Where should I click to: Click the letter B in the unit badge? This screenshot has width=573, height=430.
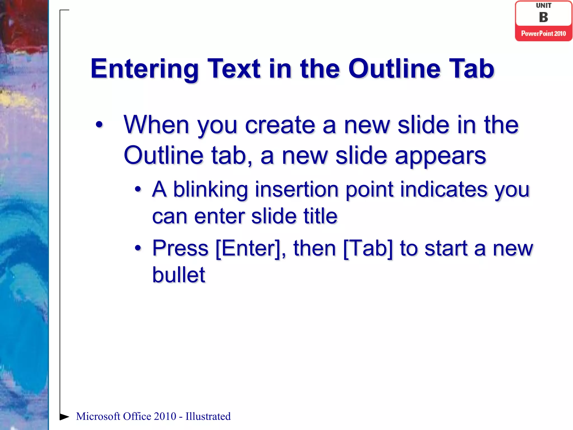pyautogui.click(x=543, y=17)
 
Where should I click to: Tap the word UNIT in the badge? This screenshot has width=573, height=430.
pyautogui.click(x=543, y=6)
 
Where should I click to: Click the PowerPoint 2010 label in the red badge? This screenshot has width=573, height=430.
pyautogui.click(x=543, y=34)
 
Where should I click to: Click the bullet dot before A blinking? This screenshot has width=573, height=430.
pyautogui.click(x=138, y=190)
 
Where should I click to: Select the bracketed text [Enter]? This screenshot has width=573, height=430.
pyautogui.click(x=251, y=249)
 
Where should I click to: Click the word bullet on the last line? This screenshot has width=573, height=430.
pyautogui.click(x=179, y=275)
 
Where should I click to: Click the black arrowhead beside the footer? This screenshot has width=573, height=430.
pyautogui.click(x=64, y=417)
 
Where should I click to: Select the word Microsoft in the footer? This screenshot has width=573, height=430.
pyautogui.click(x=98, y=416)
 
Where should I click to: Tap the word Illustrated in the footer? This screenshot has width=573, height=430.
pyautogui.click(x=208, y=416)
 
